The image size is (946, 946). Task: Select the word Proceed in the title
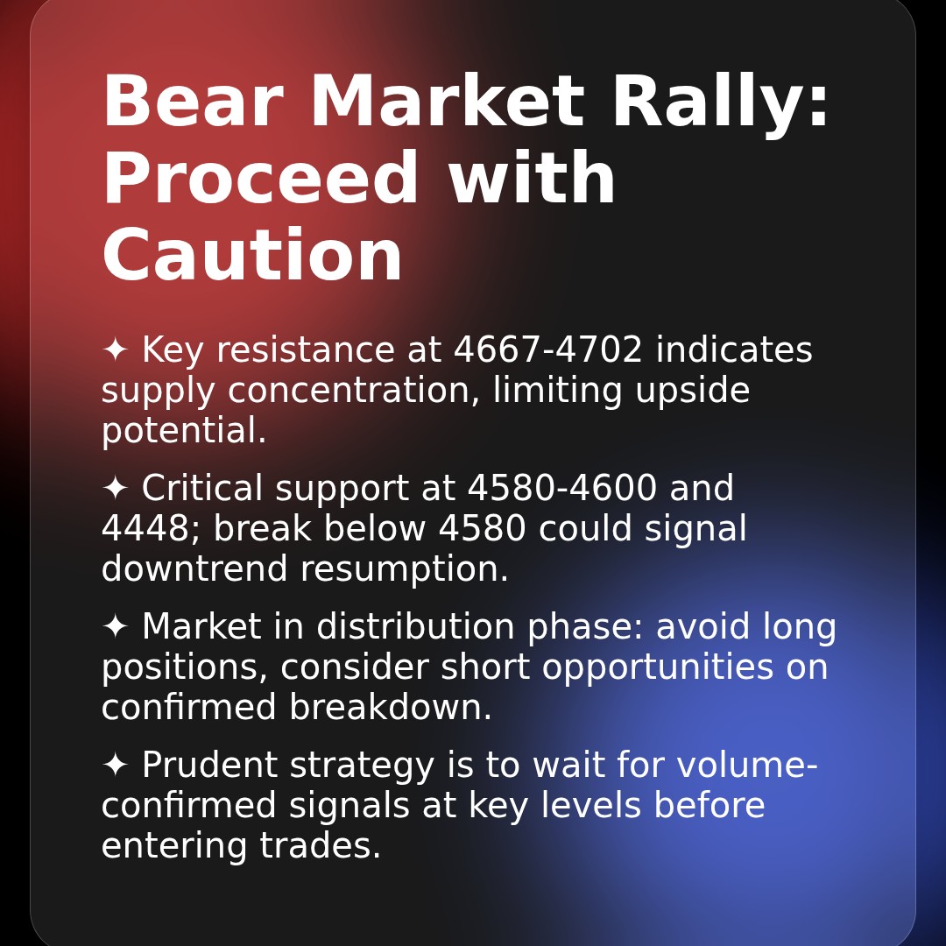[x=260, y=180]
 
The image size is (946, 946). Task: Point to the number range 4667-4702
[x=548, y=350]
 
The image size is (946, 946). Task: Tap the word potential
[x=184, y=431]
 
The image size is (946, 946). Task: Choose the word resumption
[x=405, y=569]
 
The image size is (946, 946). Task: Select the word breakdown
[x=391, y=708]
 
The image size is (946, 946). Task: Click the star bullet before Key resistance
[x=115, y=350]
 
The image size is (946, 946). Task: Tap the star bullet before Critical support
[x=115, y=489]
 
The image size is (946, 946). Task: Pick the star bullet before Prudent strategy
[x=115, y=766]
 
